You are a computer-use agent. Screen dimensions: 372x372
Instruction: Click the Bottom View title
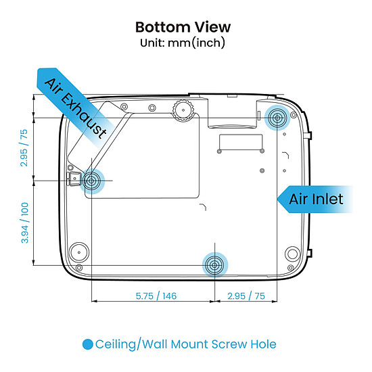pyautogui.click(x=183, y=27)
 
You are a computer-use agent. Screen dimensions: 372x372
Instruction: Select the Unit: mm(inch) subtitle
pyautogui.click(x=183, y=43)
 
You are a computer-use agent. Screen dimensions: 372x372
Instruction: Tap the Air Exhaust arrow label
pyautogui.click(x=76, y=108)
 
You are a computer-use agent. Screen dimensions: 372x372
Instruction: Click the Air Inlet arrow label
pyautogui.click(x=316, y=200)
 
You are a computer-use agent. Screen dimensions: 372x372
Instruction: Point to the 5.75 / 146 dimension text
pyautogui.click(x=156, y=296)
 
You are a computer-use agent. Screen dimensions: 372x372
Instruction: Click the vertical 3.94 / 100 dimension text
pyautogui.click(x=24, y=223)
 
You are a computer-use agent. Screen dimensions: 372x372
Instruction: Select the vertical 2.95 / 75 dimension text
pyautogui.click(x=24, y=148)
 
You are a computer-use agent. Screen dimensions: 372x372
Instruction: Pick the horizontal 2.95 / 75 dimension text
pyautogui.click(x=246, y=296)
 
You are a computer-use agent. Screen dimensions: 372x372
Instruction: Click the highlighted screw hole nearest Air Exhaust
pyautogui.click(x=91, y=181)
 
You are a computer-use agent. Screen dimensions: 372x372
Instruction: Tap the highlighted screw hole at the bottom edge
pyautogui.click(x=214, y=265)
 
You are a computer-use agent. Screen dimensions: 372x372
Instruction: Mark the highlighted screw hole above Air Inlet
pyautogui.click(x=277, y=118)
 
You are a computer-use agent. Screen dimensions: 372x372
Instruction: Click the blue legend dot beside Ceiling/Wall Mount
pyautogui.click(x=87, y=344)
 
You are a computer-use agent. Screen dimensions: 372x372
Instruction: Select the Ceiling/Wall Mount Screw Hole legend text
pyautogui.click(x=186, y=344)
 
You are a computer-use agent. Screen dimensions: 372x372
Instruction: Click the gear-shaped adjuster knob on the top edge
pyautogui.click(x=183, y=110)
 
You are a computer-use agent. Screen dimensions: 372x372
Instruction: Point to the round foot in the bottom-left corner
pyautogui.click(x=78, y=252)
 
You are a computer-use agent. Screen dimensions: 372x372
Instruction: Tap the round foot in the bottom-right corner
pyautogui.click(x=292, y=254)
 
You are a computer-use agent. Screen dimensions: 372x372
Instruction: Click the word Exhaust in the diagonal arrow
pyautogui.click(x=85, y=116)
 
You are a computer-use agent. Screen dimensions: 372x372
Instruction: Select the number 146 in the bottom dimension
pyautogui.click(x=170, y=296)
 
